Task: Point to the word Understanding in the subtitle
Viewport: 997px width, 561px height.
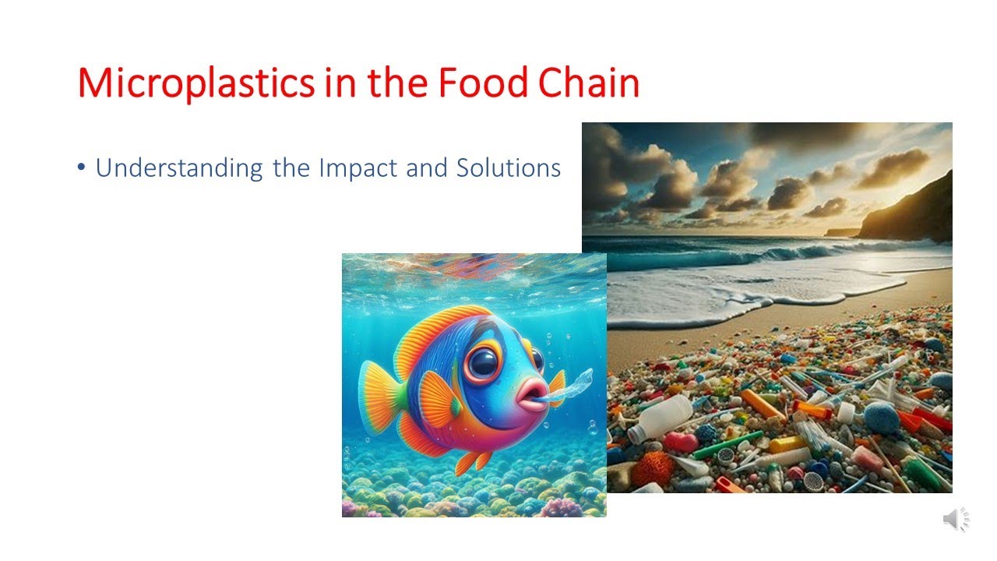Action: tap(178, 168)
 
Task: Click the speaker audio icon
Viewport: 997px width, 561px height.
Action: tap(955, 520)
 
